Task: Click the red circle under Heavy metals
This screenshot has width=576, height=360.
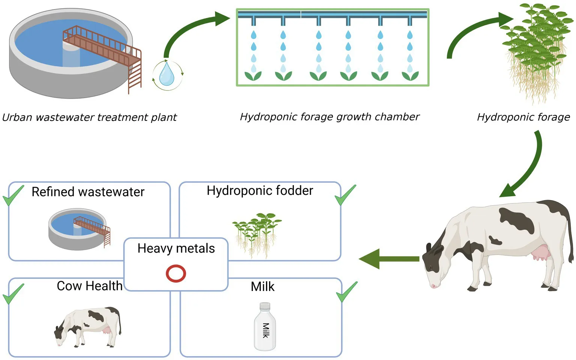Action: (x=176, y=273)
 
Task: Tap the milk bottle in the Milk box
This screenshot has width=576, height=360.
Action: (x=265, y=327)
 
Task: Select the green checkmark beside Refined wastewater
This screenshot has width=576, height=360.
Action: (x=13, y=196)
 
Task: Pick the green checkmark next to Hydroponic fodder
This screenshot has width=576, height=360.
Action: (x=345, y=195)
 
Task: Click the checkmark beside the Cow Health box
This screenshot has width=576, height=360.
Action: (x=13, y=294)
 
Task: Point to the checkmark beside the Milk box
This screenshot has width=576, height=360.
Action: (x=346, y=292)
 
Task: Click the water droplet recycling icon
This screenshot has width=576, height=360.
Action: (x=167, y=75)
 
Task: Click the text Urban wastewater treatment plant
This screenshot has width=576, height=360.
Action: (x=89, y=117)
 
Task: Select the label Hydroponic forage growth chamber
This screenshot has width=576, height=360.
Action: (x=329, y=117)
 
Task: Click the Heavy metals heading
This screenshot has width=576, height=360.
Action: (x=176, y=249)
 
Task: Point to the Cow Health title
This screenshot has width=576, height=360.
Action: (x=90, y=286)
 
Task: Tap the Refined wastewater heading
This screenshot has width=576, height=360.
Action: (x=88, y=192)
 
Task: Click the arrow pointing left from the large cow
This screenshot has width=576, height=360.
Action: (x=389, y=259)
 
